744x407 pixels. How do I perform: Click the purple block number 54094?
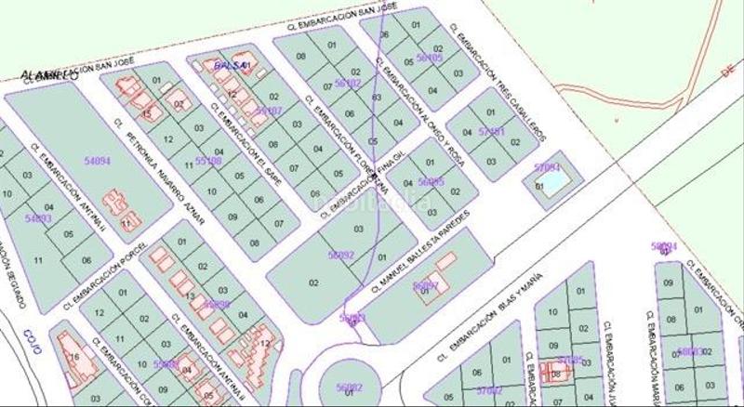tap(97, 161)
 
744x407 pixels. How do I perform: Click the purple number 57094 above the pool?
tap(548, 167)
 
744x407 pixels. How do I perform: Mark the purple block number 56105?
tap(430, 58)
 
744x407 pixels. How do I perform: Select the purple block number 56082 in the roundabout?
tap(348, 387)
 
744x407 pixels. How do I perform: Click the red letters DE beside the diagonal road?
tap(730, 68)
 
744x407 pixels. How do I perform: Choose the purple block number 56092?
tap(340, 254)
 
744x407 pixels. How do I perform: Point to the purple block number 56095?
tap(431, 182)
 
